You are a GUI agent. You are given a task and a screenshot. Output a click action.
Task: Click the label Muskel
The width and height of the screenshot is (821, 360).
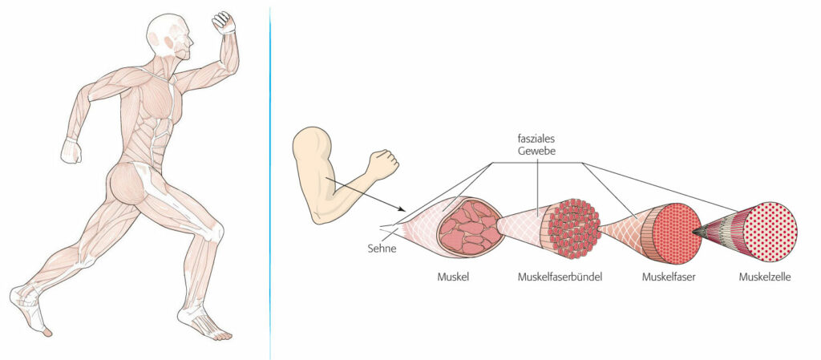click(x=453, y=277)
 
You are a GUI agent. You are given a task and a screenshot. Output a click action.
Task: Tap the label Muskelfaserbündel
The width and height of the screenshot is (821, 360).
click(x=560, y=277)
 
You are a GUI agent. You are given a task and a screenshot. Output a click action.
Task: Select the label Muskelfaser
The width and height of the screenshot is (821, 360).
click(x=669, y=277)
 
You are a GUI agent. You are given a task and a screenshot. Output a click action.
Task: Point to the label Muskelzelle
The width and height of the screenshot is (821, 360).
click(x=764, y=277)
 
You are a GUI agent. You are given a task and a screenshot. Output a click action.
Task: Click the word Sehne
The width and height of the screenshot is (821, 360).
click(x=382, y=249)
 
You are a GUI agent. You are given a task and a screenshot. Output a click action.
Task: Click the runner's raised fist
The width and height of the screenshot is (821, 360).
click(x=224, y=22)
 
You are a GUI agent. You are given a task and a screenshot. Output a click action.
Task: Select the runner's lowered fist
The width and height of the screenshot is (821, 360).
click(x=71, y=151)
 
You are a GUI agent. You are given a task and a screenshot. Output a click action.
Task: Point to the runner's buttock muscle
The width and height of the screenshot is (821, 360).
click(x=127, y=183)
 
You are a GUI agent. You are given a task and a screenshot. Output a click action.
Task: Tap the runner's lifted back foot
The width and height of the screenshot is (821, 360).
click(x=29, y=309)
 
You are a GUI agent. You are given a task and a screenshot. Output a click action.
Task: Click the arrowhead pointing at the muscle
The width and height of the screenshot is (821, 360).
click(x=402, y=208)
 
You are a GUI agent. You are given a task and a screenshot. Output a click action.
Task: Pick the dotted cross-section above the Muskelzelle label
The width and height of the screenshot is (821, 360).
click(x=770, y=231)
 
